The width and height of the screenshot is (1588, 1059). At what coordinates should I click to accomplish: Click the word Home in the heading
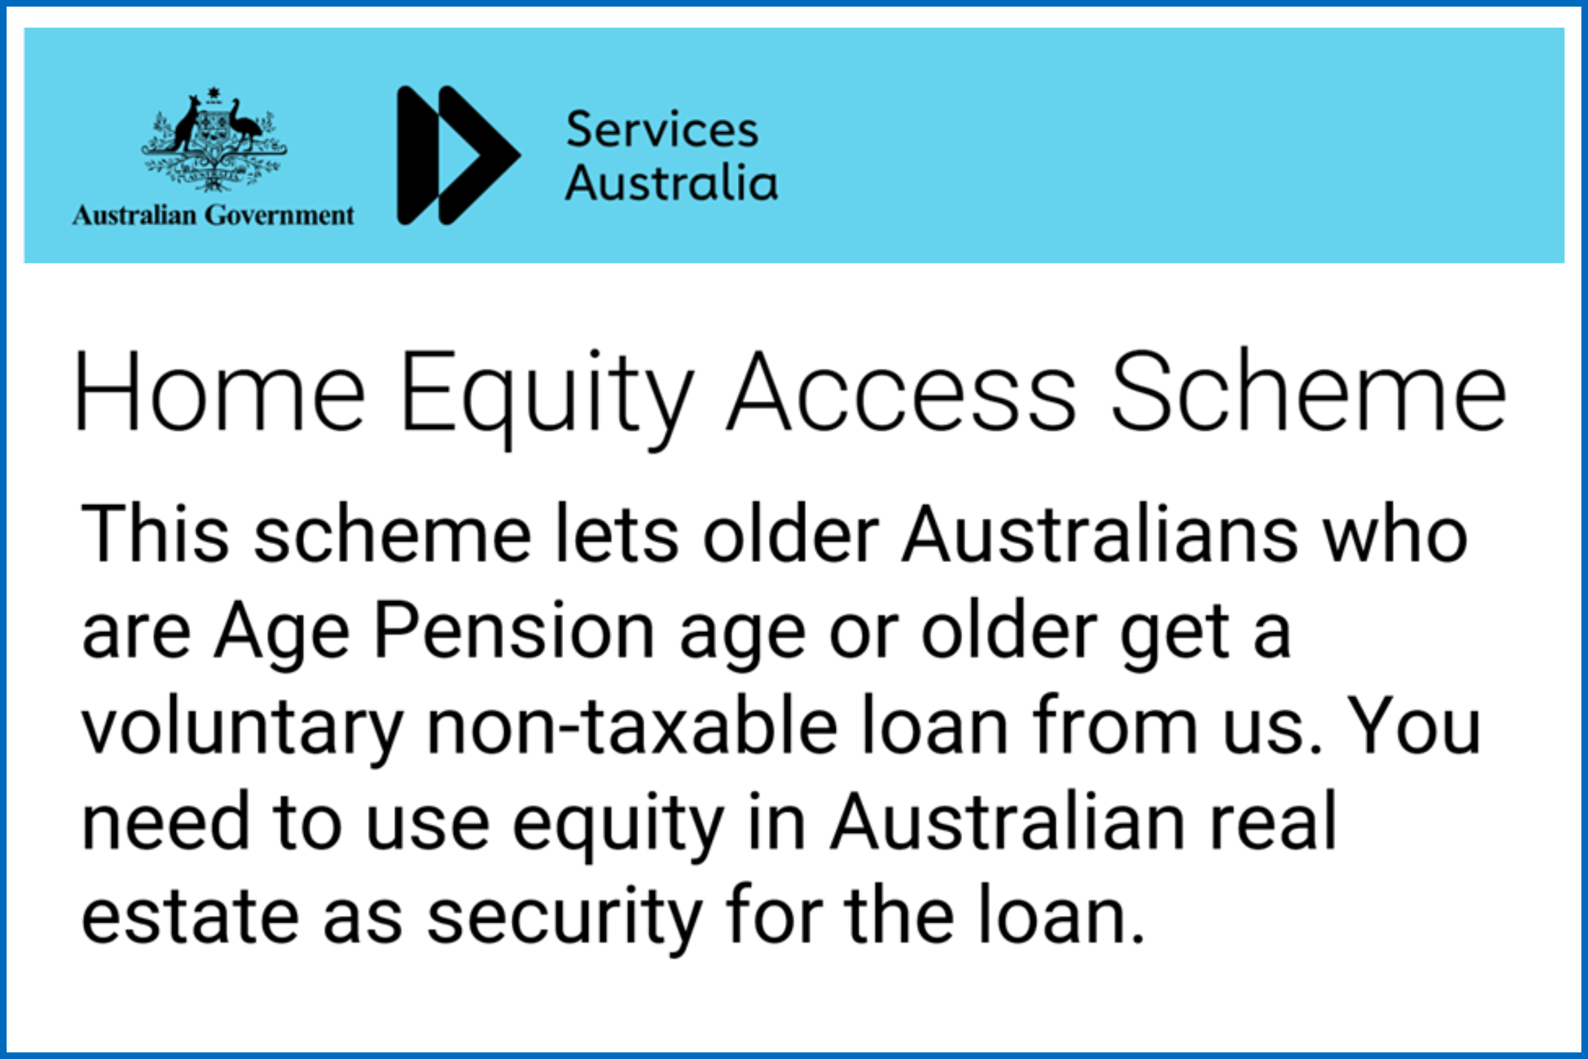(x=220, y=392)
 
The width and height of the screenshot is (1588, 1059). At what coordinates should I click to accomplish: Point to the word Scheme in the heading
(x=1309, y=392)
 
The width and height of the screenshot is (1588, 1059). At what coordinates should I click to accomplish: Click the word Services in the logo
(x=662, y=130)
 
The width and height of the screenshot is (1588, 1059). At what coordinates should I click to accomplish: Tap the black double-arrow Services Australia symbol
(x=458, y=156)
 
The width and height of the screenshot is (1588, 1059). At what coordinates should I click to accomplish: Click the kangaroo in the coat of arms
(x=187, y=125)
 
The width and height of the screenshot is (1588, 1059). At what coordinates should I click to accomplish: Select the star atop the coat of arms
(x=214, y=93)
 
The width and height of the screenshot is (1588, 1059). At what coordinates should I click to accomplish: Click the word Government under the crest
(x=279, y=216)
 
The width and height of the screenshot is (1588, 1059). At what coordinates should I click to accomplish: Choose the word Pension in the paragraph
(x=514, y=630)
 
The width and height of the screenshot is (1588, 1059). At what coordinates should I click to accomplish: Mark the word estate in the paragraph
(x=190, y=917)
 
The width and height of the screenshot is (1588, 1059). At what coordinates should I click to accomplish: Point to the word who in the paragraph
(x=1395, y=533)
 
